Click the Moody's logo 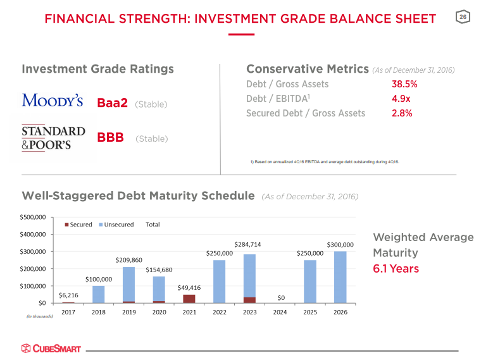[x=52, y=101]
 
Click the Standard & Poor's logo [x=53, y=137]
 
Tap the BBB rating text [x=110, y=138]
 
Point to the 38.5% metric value [x=404, y=84]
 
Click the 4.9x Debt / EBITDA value [x=401, y=99]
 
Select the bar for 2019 [x=128, y=285]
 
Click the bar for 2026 [x=340, y=277]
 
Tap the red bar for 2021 [x=189, y=299]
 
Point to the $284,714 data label [x=247, y=244]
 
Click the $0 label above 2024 [x=280, y=297]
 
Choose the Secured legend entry [x=78, y=224]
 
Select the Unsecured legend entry [x=116, y=224]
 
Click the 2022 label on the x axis [x=219, y=312]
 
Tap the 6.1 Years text [x=396, y=269]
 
